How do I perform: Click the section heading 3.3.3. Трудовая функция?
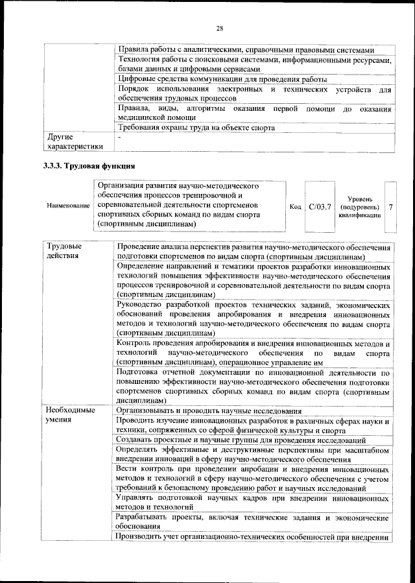(89, 167)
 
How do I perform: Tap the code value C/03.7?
(320, 207)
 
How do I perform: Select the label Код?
(295, 207)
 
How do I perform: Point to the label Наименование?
(68, 206)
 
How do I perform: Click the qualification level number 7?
(390, 207)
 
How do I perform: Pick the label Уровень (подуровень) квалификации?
(359, 207)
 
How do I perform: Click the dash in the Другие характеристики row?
(119, 138)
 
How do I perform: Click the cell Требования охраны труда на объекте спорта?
(196, 128)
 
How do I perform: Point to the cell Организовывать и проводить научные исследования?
(209, 410)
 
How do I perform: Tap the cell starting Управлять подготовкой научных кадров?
(252, 502)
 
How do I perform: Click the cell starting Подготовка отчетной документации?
(252, 387)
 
